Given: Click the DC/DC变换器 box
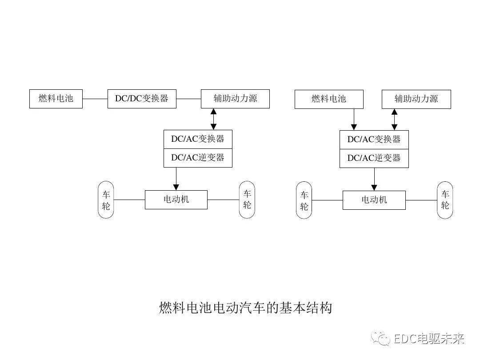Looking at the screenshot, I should (142, 99).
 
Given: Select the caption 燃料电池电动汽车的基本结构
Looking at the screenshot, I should (245, 308).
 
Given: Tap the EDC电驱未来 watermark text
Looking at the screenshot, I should (429, 339).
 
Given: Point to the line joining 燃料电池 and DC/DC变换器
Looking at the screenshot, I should (95, 99).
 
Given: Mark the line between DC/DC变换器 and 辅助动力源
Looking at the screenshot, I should (188, 99).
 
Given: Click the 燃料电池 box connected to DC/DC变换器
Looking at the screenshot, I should (56, 99).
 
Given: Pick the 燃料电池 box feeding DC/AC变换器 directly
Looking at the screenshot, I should (329, 99).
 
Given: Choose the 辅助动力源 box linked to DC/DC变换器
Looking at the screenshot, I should (235, 99).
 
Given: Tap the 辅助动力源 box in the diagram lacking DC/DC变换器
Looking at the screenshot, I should (416, 99).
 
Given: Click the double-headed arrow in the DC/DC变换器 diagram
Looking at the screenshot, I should (213, 119).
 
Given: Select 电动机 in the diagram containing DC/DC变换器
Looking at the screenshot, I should (176, 200).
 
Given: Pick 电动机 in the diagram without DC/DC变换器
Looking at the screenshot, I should (374, 200).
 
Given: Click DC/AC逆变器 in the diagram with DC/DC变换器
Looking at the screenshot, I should (198, 158).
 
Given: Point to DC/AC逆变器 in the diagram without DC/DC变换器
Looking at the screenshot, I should (374, 158).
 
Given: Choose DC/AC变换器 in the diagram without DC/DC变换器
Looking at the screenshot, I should (374, 140).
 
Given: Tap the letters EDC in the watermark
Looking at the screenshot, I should (405, 339).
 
